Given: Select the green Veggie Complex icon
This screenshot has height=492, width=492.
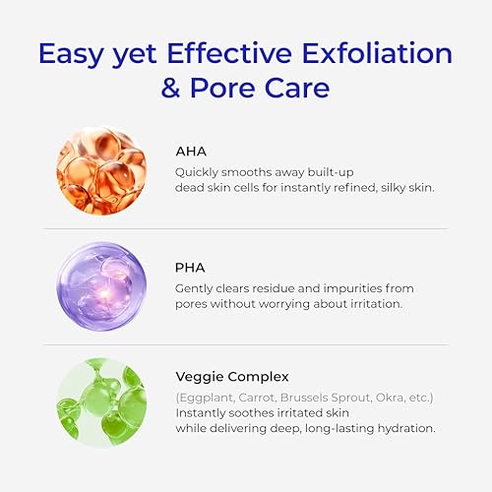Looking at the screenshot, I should tap(101, 401).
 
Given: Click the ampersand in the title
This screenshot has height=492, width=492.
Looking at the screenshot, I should tap(173, 89).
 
